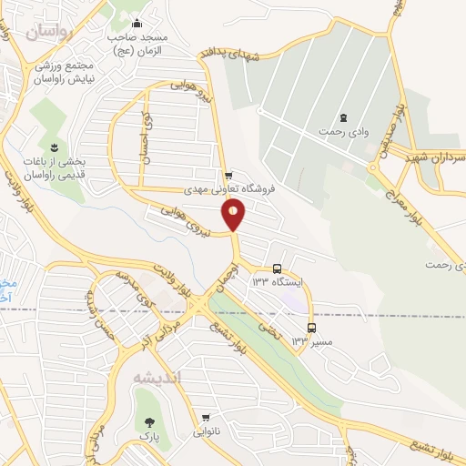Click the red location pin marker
234,214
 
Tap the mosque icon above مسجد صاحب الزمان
137,24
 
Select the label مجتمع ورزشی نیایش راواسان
66,73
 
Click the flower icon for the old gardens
55,147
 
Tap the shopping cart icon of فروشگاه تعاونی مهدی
228,175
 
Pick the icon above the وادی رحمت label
343,117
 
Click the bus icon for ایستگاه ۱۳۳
277,258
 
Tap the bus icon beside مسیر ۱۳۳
312,328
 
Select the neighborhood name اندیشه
157,377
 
